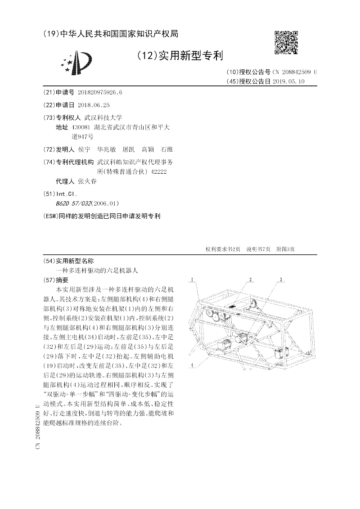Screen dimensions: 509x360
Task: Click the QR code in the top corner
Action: [286, 42]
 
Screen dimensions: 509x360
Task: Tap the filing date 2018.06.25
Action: [94, 105]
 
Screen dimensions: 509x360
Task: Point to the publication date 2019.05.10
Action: [288, 81]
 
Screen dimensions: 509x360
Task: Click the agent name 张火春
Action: [87, 181]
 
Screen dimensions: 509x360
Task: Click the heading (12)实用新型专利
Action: [180, 56]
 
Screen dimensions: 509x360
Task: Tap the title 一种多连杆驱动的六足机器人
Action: [97, 271]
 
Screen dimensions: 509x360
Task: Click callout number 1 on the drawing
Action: [191, 280]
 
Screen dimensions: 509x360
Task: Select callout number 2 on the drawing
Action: [250, 280]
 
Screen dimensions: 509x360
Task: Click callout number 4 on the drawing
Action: [192, 365]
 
